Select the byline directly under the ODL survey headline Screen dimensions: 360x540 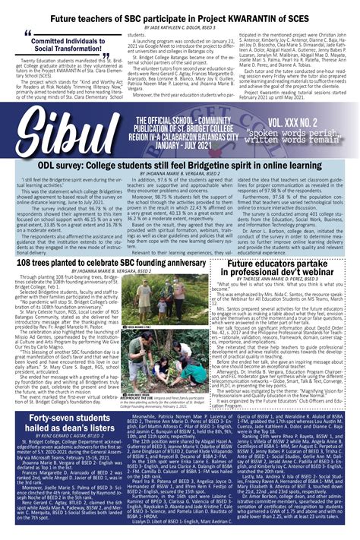180,195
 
